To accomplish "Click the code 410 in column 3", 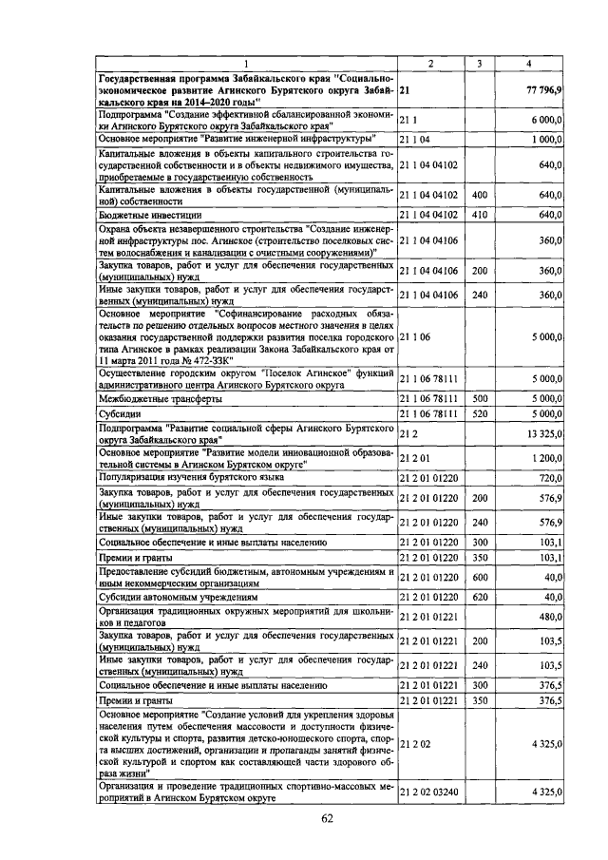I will tap(480, 215).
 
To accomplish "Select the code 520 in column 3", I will tap(480, 413).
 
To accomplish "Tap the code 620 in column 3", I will tap(480, 597).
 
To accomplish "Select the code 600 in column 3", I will tap(480, 577).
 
